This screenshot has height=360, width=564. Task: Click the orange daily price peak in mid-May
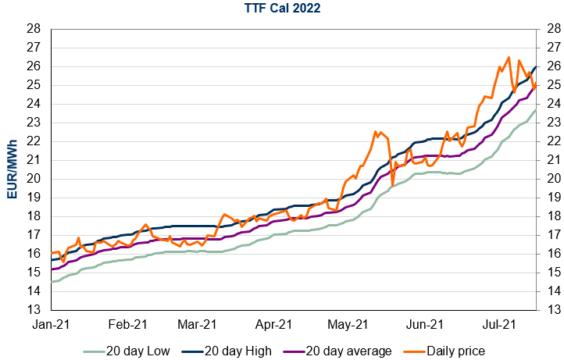click(376, 132)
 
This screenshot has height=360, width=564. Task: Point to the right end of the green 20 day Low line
click(535, 110)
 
